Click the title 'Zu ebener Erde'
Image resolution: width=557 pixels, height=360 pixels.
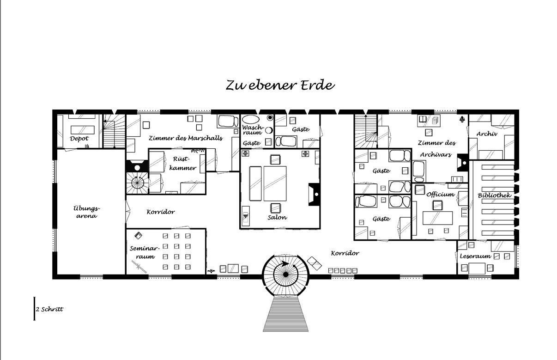pos(280,85)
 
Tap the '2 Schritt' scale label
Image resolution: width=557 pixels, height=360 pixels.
pos(49,309)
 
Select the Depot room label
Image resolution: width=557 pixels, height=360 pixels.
pos(79,138)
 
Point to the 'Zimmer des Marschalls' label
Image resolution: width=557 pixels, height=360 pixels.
pos(185,138)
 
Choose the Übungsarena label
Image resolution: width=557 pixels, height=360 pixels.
pos(86,212)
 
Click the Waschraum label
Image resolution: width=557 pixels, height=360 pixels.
pos(252,129)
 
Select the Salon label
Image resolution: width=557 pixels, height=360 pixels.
pos(277,217)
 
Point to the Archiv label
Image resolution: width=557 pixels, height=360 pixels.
pos(487,134)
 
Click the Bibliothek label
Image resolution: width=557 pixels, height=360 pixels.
pos(495,195)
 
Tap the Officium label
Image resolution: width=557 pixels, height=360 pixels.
pos(440,194)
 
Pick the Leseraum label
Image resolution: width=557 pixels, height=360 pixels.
pos(475,256)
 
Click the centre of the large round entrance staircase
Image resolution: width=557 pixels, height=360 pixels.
pos(286,275)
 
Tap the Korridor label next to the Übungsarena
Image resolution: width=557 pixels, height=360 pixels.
pos(160,212)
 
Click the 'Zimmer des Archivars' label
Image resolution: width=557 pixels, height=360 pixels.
pos(436,148)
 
